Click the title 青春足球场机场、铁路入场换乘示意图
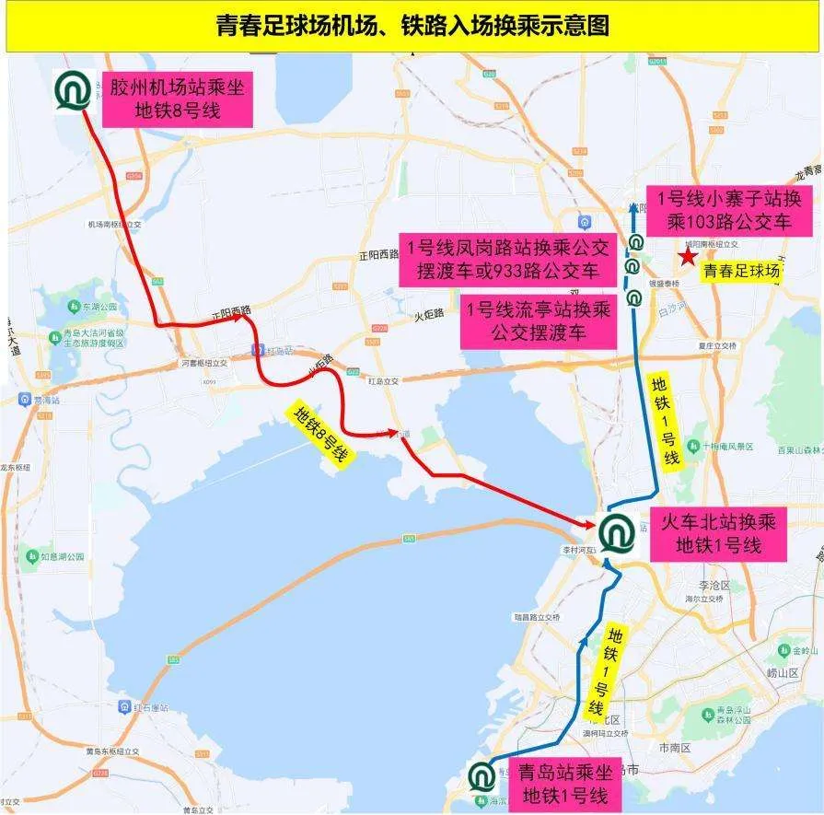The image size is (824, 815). tap(412, 25)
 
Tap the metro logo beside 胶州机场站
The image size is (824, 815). tap(72, 90)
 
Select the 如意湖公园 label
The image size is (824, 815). tap(63, 556)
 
